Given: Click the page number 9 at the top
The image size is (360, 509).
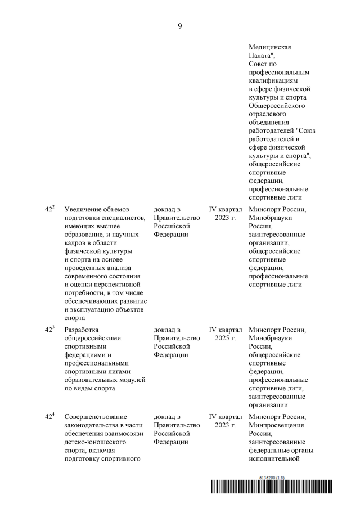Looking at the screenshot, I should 179,26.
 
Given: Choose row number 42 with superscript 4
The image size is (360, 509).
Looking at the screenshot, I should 49,417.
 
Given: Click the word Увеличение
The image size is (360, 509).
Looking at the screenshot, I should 85,210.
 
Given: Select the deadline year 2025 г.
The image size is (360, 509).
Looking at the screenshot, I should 225,338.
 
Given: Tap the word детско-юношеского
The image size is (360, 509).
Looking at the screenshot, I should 97,442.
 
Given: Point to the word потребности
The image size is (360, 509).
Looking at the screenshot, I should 85,293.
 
